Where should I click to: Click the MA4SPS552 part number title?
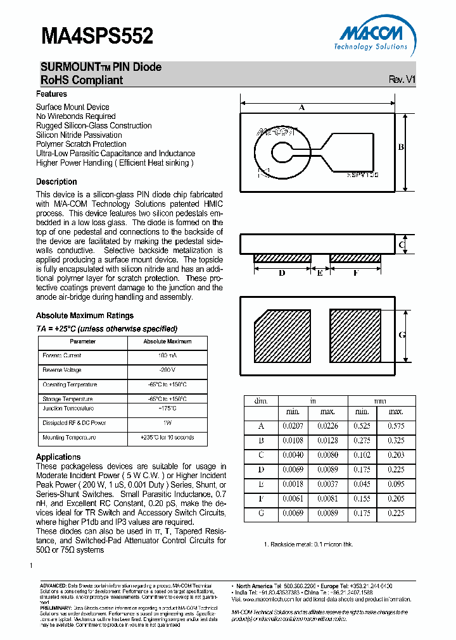97,35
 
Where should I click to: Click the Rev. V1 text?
402,80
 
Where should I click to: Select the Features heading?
51,94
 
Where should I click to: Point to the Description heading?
56,182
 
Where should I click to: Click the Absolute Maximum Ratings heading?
84,316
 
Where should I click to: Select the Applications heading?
58,457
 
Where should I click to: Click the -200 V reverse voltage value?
167,370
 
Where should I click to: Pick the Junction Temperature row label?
69,409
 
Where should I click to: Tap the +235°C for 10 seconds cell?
167,438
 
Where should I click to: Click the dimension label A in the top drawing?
302,108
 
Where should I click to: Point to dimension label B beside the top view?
401,147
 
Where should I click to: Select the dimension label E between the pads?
320,273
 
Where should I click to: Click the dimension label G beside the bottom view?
402,335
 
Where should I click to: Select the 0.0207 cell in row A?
293,426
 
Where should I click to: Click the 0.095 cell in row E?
396,484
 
